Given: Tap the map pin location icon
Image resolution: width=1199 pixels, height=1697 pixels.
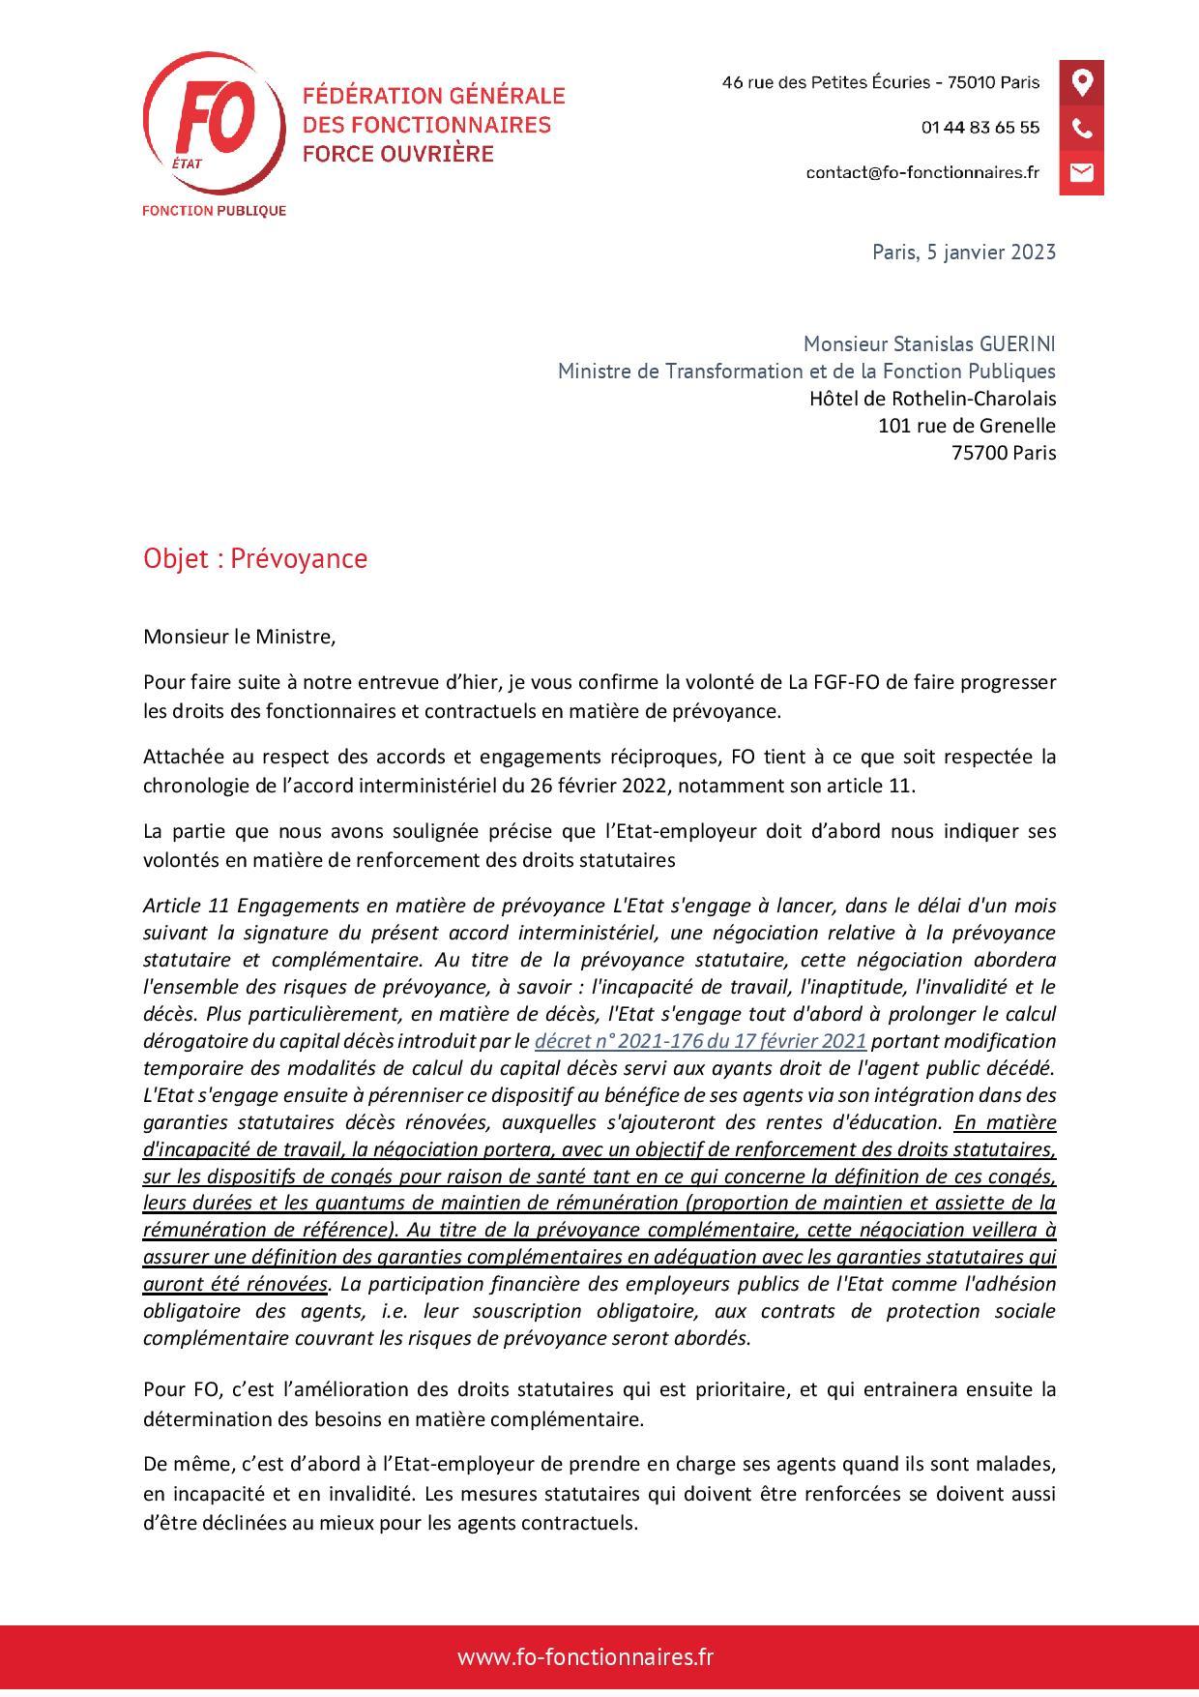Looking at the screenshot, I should [x=1082, y=82].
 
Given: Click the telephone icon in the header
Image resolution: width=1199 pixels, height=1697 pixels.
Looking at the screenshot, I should [x=1082, y=128].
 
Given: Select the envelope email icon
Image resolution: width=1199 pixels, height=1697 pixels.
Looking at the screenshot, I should [x=1082, y=172].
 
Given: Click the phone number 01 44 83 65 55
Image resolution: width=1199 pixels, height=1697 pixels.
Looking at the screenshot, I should [x=980, y=128].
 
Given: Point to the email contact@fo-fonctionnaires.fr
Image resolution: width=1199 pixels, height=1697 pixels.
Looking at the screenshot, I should [x=922, y=172].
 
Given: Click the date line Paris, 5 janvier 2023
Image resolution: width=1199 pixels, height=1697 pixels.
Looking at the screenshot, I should [x=963, y=253].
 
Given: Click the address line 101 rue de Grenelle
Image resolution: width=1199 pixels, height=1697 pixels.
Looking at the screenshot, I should [x=966, y=426].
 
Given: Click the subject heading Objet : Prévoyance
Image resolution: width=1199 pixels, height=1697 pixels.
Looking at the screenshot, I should [x=255, y=559].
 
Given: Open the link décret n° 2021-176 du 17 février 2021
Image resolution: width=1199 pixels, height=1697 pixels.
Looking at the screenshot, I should [x=700, y=1042].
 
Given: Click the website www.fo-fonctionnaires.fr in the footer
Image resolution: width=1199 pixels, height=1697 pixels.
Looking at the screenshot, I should [x=586, y=1657].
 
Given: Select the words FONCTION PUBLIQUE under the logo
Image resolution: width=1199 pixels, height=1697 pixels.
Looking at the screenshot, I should [x=214, y=211].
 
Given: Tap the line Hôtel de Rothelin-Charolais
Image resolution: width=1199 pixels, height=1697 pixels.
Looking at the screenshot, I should [x=932, y=399].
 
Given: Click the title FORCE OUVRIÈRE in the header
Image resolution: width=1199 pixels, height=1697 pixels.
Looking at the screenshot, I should [x=398, y=154].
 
